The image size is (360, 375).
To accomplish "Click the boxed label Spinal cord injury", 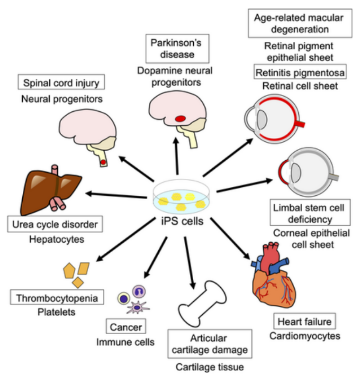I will [x=61, y=83].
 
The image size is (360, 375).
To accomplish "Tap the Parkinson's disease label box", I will [x=176, y=48].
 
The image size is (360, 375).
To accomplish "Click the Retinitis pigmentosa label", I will [x=300, y=73].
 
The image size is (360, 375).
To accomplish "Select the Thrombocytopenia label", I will [x=57, y=298].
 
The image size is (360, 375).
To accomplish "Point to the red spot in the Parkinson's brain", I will [x=180, y=119].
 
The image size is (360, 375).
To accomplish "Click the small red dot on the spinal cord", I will [x=102, y=163].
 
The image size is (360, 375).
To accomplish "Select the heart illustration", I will [x=272, y=275].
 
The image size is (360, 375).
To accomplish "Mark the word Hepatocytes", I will [x=55, y=239].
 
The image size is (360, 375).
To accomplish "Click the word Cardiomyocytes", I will [x=305, y=337].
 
